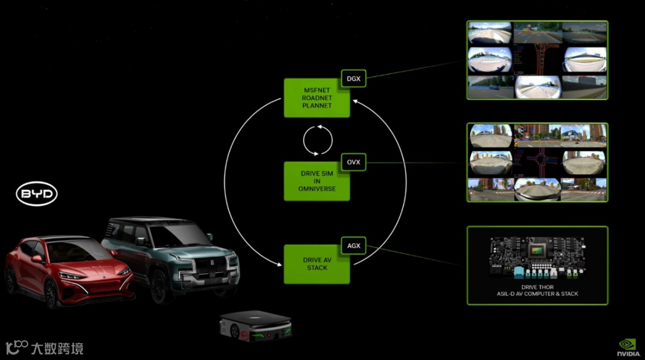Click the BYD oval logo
[36, 194]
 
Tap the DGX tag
[354, 78]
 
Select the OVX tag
[354, 162]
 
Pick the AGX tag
[354, 245]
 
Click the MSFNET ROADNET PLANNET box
[316, 98]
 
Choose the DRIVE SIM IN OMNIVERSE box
[316, 181]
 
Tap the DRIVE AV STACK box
[316, 264]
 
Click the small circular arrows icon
[318, 140]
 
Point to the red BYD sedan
[66, 269]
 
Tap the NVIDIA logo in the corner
[628, 347]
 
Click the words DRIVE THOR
[537, 287]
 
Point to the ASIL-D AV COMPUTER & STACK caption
[537, 294]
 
